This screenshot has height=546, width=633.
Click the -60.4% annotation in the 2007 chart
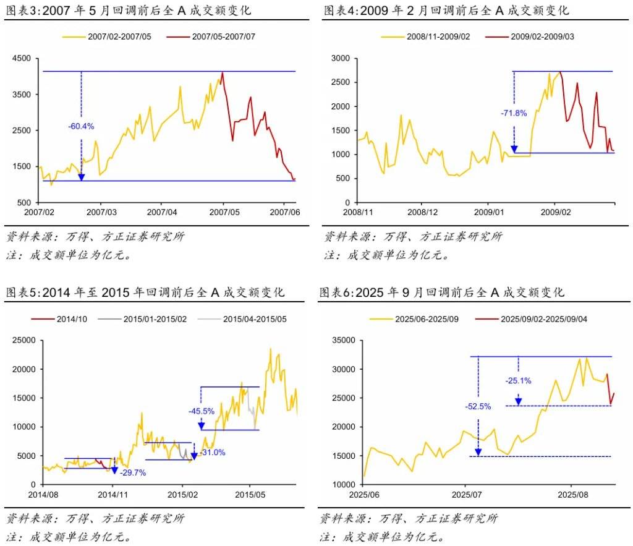pos(81,126)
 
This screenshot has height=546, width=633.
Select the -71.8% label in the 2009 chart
pos(514,113)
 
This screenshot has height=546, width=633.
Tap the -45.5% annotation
pos(202,410)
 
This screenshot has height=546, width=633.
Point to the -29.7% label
pos(133,472)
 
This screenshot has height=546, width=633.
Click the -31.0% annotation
pos(213,453)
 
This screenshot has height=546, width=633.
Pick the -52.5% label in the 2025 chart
pos(478,406)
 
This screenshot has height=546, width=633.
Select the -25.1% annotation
pos(518,381)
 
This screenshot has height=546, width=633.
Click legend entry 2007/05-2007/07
pos(223,36)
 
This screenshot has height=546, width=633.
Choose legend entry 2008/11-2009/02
pos(438,36)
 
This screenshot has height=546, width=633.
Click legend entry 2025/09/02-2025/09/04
pos(543,319)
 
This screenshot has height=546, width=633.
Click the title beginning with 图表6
pos(441,292)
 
